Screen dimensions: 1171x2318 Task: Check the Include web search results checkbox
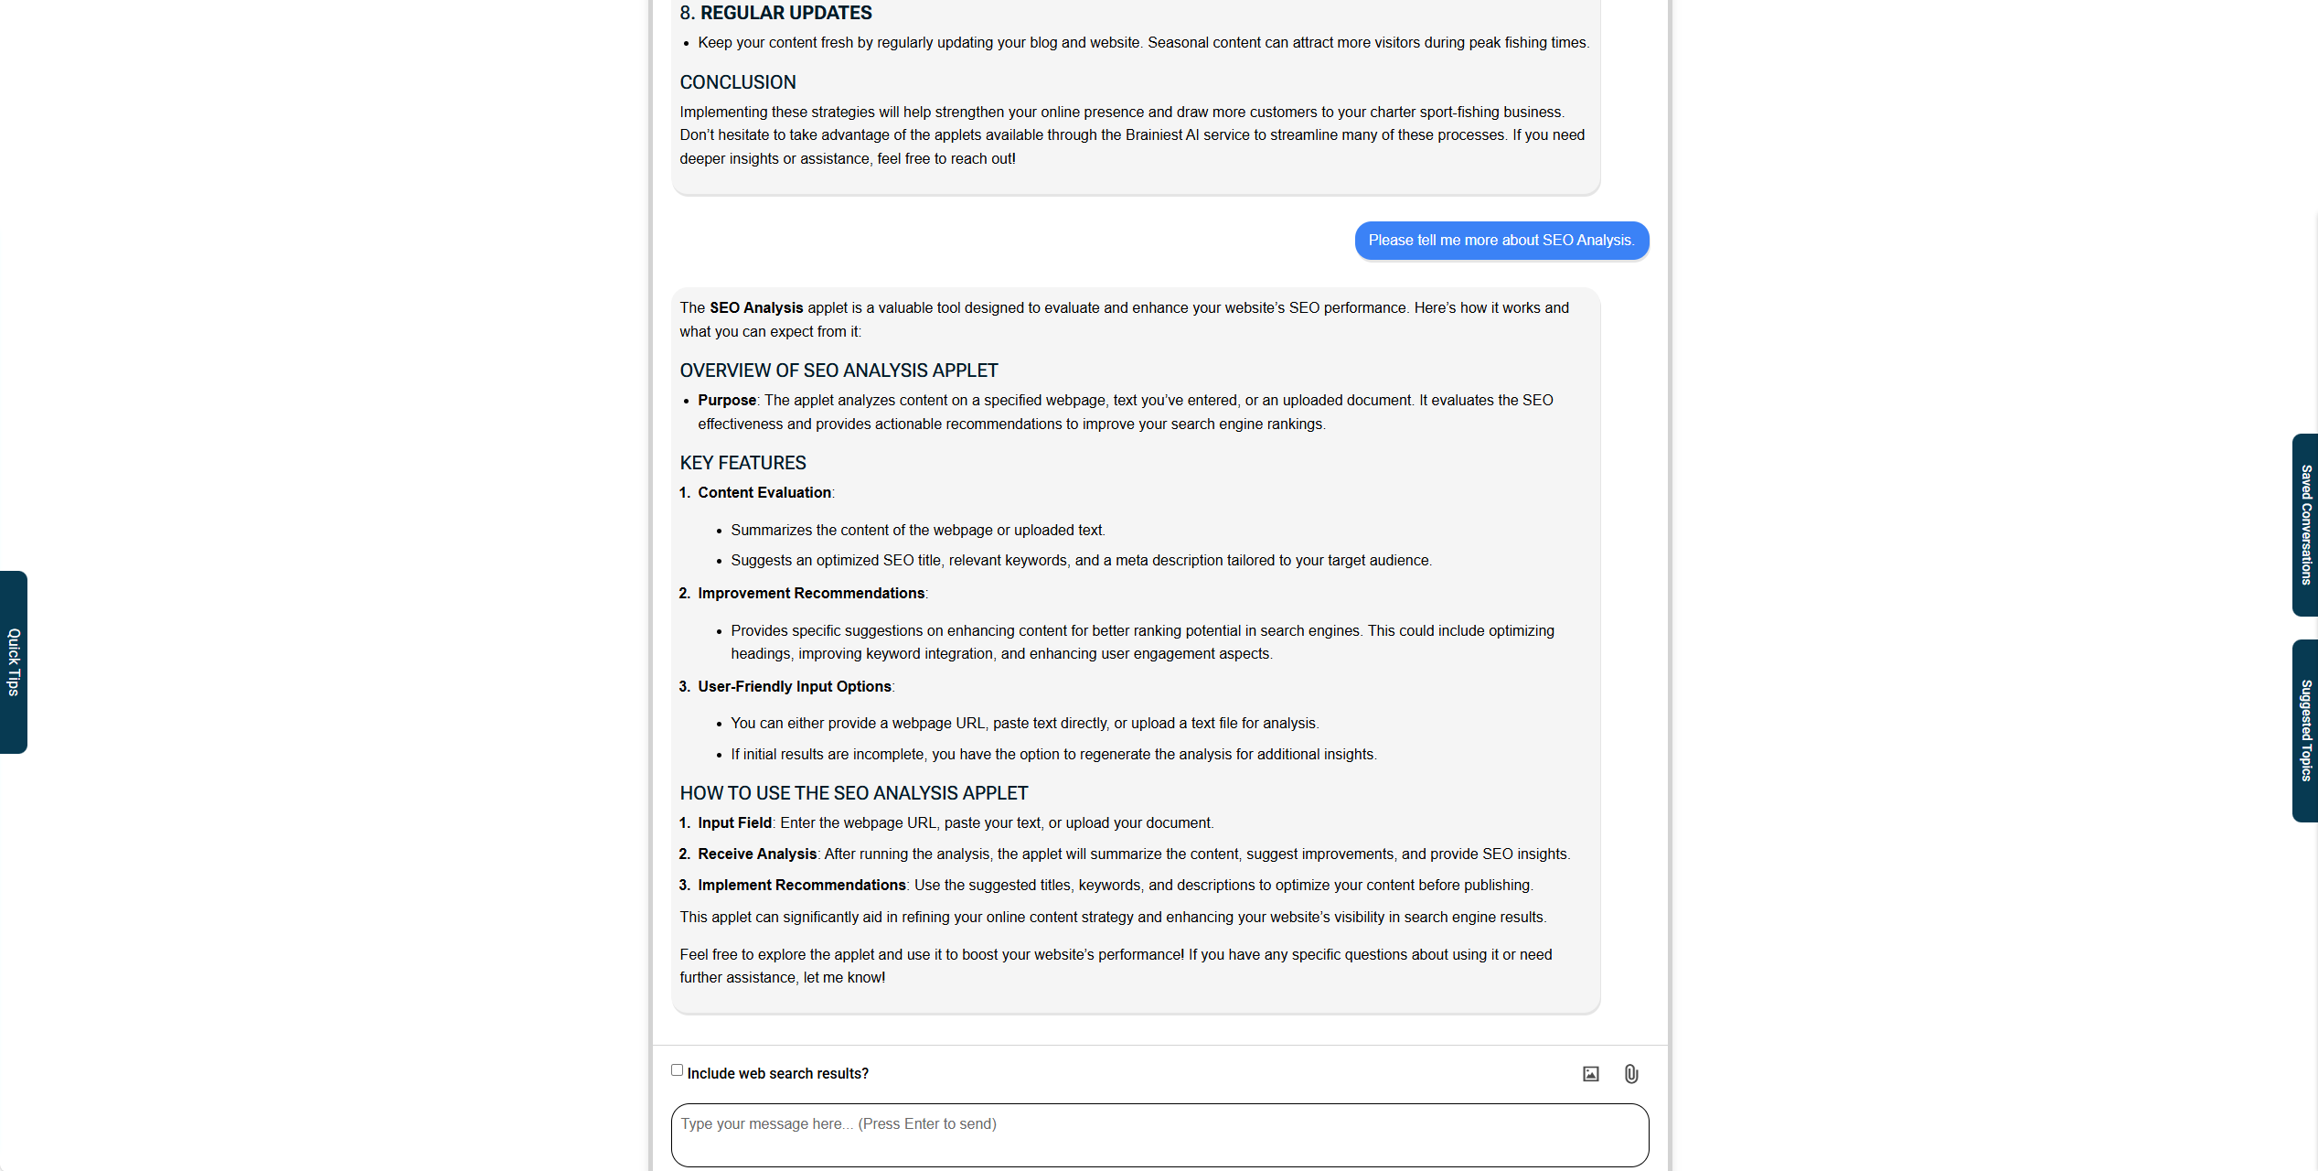click(677, 1070)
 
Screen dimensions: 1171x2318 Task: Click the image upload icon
click(1591, 1074)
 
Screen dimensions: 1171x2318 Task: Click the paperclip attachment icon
click(1631, 1074)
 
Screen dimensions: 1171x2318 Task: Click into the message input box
click(1159, 1134)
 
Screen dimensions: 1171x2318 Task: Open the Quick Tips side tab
click(14, 661)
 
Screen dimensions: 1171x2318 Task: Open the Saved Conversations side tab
click(2305, 525)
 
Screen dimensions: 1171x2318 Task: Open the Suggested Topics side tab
click(2305, 730)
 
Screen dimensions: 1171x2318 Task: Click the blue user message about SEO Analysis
click(1501, 241)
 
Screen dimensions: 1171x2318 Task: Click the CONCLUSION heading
click(738, 82)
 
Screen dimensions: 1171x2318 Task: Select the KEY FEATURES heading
click(742, 463)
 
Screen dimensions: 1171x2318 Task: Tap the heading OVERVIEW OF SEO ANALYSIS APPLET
click(839, 371)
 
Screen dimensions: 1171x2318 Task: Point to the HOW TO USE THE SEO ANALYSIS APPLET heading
click(853, 793)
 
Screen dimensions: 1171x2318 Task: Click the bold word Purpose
click(727, 401)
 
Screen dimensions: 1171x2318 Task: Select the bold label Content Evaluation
click(764, 493)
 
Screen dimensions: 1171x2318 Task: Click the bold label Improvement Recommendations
click(811, 594)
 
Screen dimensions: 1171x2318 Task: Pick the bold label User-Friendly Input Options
click(795, 687)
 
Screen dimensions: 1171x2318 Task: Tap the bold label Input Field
click(734, 823)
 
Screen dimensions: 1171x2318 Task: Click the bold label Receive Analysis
click(757, 854)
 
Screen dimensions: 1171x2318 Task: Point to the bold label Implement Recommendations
click(802, 886)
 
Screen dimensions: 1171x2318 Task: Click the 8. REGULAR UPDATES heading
click(775, 13)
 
